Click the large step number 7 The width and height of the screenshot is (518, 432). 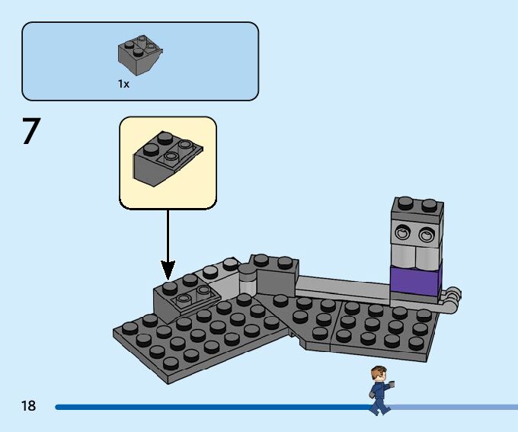pyautogui.click(x=30, y=131)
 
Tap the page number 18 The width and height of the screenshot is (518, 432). pyautogui.click(x=28, y=406)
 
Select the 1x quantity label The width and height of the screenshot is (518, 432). pyautogui.click(x=123, y=85)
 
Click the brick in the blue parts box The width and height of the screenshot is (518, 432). pyautogui.click(x=140, y=55)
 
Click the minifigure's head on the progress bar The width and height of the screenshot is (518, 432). pyautogui.click(x=379, y=374)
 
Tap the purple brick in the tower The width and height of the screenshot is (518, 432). pyautogui.click(x=415, y=280)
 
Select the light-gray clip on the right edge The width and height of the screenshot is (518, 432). pyautogui.click(x=452, y=296)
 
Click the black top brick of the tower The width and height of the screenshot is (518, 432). pyautogui.click(x=417, y=210)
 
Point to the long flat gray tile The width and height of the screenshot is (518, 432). pyautogui.click(x=343, y=289)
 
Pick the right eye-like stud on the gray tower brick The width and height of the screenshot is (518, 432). pyautogui.click(x=428, y=233)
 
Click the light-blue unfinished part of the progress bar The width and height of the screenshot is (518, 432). pyautogui.click(x=457, y=407)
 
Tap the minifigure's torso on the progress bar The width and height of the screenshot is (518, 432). pyautogui.click(x=379, y=390)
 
